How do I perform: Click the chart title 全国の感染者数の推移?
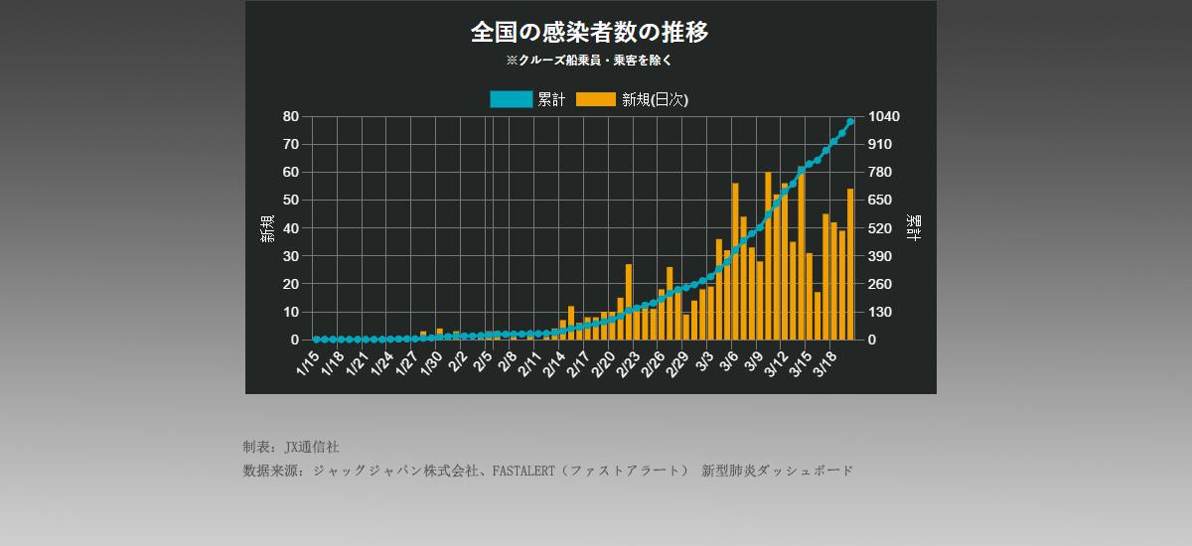590,33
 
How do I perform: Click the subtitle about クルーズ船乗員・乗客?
590,61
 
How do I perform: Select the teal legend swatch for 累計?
511,99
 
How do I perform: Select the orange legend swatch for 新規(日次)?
596,99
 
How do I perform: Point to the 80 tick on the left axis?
291,116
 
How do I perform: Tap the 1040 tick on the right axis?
884,116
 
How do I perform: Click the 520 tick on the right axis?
880,228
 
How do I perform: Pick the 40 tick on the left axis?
291,228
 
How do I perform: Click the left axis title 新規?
267,228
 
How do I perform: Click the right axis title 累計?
913,228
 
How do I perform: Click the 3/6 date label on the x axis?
728,361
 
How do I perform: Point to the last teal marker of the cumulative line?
850,122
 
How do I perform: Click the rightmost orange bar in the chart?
850,264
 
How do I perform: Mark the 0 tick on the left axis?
295,340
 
